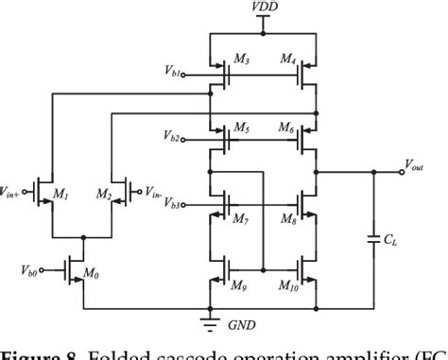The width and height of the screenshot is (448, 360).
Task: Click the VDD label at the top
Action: pos(264,8)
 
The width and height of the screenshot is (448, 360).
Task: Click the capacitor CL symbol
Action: pos(375,240)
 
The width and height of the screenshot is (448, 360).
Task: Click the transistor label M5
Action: pos(241,128)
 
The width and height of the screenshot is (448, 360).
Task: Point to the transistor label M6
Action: pos(289,128)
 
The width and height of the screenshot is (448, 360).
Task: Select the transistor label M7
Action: pos(241,219)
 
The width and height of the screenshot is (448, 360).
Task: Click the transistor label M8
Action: pos(289,219)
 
